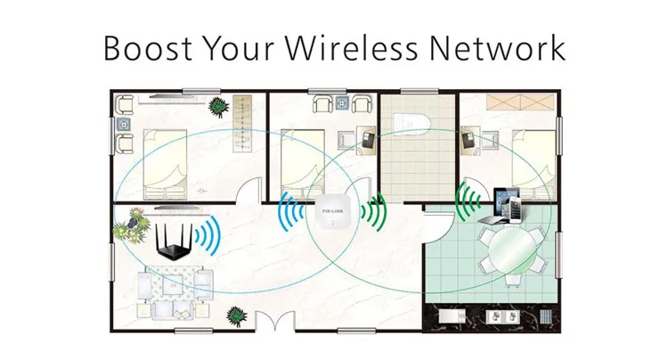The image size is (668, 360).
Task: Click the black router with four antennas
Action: coord(174,242)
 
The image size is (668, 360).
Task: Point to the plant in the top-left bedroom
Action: coord(217,107)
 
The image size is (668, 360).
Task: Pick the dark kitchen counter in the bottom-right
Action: coord(499,316)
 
